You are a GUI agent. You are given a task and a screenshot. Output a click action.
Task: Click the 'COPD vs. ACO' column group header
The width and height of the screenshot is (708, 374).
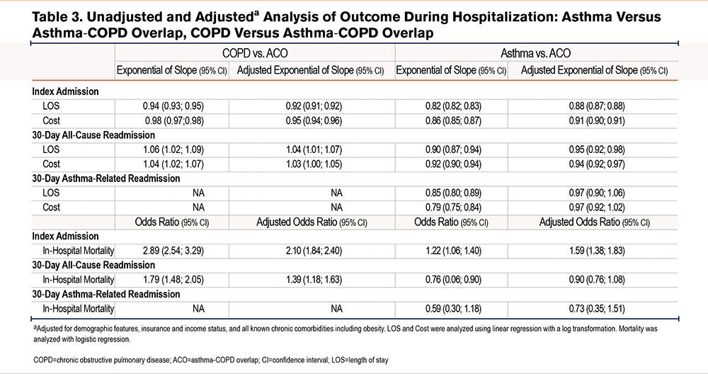click(255, 53)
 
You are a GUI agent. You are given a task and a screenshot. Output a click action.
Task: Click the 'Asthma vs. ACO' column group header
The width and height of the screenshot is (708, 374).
click(535, 53)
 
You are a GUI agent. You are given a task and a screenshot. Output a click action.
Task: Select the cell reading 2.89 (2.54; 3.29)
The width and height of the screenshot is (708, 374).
click(173, 251)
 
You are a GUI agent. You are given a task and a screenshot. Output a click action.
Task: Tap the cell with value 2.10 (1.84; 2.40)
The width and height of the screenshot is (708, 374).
click(314, 251)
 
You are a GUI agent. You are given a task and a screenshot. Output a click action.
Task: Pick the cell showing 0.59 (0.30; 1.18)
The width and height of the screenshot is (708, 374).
click(453, 309)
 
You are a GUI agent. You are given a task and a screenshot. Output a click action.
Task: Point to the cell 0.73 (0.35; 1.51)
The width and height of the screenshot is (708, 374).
click(597, 309)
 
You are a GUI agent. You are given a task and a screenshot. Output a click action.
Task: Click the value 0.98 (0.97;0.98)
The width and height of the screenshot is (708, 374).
click(174, 120)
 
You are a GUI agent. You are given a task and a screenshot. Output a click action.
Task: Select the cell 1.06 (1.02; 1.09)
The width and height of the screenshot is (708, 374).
click(173, 149)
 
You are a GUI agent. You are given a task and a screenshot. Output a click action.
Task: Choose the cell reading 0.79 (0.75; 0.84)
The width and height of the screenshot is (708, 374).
click(453, 208)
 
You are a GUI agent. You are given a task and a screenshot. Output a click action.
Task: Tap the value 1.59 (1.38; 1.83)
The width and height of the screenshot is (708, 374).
click(597, 251)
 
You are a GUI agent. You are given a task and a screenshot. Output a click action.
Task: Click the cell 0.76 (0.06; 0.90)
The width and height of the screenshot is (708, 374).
click(453, 280)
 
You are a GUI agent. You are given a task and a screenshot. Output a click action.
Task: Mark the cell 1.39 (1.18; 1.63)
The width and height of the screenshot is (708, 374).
click(314, 280)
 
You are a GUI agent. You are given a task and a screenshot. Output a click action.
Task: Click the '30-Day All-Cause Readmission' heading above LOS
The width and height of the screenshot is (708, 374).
click(93, 135)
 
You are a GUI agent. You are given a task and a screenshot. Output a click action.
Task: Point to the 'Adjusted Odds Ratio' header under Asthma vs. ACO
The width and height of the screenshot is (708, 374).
click(595, 222)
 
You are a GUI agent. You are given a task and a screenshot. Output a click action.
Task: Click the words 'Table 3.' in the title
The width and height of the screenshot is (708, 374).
click(57, 17)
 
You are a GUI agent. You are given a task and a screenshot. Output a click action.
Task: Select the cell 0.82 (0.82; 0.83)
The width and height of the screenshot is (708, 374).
click(453, 106)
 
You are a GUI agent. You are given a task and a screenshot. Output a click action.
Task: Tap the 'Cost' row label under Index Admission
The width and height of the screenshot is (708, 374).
click(52, 120)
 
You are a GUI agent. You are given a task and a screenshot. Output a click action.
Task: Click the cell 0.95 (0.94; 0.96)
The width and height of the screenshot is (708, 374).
click(314, 120)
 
